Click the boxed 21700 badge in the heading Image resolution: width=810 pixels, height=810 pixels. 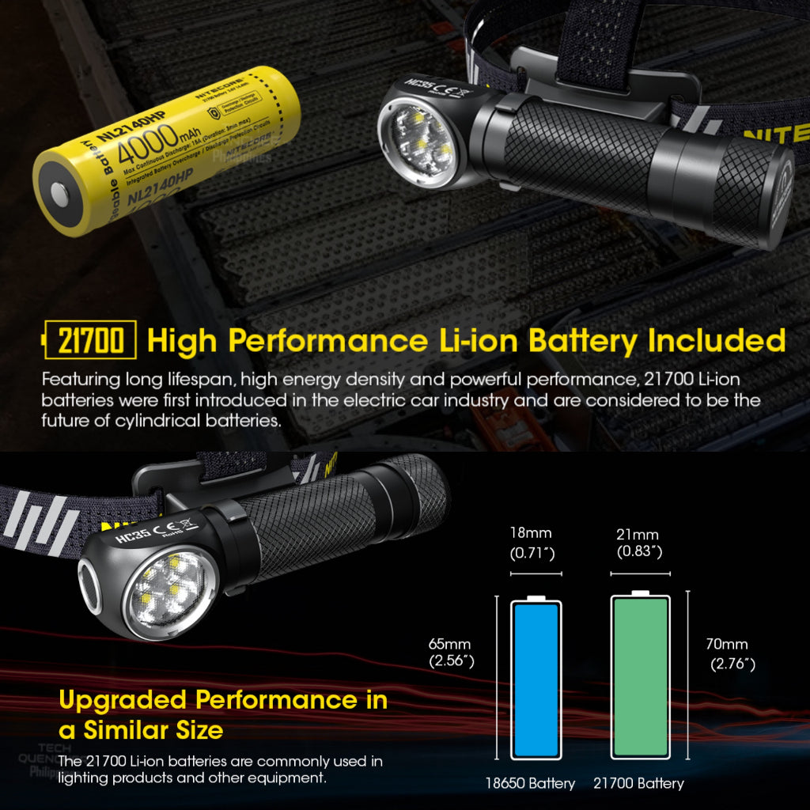(90, 341)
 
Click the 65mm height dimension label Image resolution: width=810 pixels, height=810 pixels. (450, 653)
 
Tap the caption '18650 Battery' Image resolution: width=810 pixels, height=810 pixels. (530, 783)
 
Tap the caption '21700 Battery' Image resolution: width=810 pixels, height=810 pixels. (639, 783)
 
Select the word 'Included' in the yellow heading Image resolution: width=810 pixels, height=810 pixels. (716, 341)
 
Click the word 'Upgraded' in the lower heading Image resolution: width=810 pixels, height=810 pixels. (123, 700)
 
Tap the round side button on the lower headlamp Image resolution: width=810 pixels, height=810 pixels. (89, 586)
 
